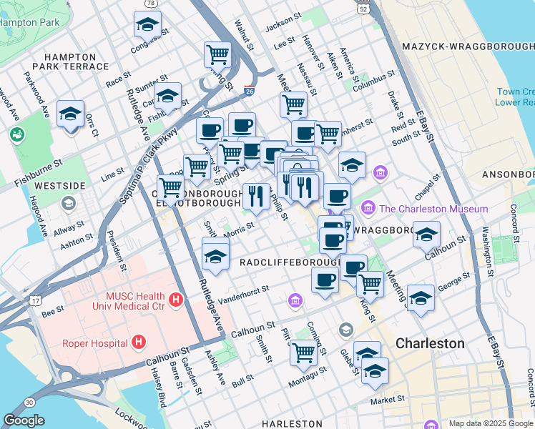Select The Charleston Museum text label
(x=433, y=209)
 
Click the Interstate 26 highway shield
(x=249, y=91)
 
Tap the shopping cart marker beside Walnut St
(x=217, y=54)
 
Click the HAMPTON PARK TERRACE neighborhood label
(x=75, y=61)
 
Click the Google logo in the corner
(x=24, y=420)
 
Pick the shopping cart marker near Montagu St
(x=304, y=352)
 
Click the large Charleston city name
(x=430, y=343)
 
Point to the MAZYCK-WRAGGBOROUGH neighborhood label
(x=468, y=46)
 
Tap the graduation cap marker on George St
(x=421, y=297)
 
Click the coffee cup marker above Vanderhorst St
(x=325, y=280)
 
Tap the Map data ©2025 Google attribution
(x=491, y=423)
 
